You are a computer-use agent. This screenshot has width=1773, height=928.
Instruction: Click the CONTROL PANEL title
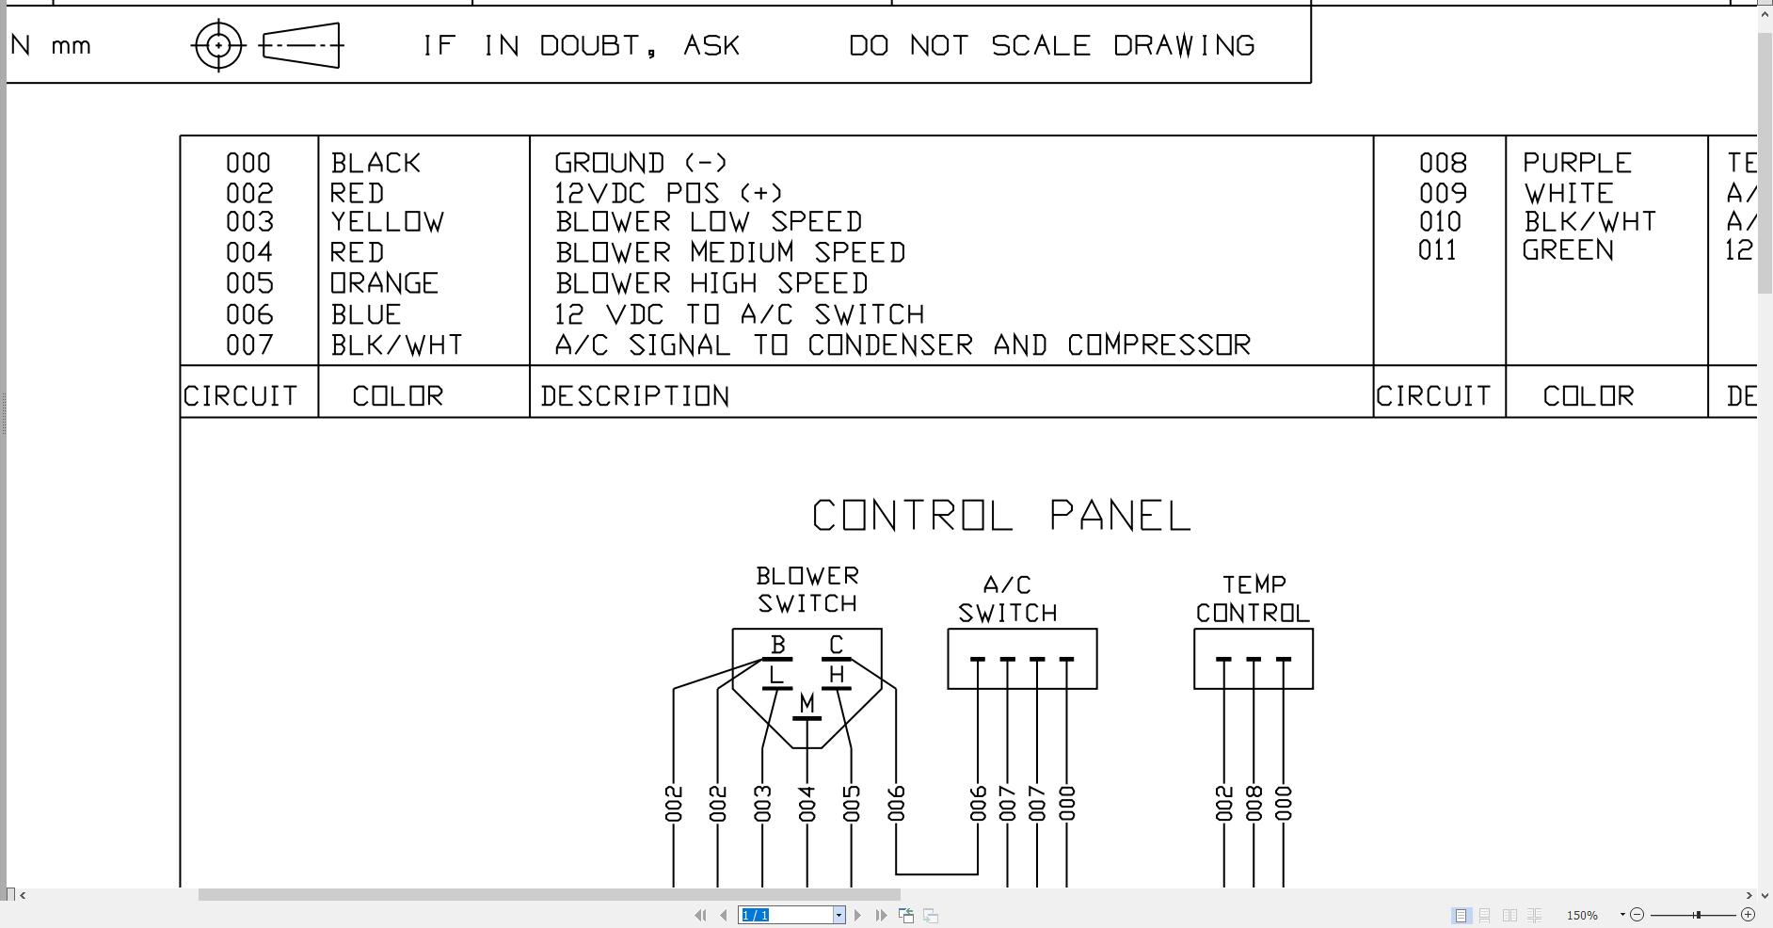point(1001,516)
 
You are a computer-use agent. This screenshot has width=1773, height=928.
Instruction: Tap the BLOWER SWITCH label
point(807,589)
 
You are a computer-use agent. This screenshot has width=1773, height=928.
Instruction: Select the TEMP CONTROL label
point(1253,600)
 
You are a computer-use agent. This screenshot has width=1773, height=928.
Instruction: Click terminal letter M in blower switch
point(807,703)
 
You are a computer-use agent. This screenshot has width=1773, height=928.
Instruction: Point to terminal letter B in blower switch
point(777,645)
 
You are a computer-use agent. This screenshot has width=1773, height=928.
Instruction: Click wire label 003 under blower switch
point(762,804)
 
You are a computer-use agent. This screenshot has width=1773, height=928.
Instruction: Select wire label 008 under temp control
point(1254,804)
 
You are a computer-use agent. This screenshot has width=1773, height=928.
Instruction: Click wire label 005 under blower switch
point(852,804)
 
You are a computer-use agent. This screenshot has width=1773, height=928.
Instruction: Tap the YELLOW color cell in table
point(387,222)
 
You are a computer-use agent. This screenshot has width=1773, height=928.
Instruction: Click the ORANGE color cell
point(384,283)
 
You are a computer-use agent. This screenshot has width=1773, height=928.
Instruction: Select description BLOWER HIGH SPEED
point(711,283)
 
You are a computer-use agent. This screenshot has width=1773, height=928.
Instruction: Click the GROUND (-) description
point(641,163)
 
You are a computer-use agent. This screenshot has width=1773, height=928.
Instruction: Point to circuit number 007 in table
point(249,345)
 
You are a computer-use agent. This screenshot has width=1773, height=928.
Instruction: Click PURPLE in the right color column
point(1577,163)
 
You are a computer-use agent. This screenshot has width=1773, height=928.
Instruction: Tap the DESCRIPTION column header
point(635,396)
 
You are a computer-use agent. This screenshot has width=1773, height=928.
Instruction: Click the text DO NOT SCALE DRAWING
point(1051,45)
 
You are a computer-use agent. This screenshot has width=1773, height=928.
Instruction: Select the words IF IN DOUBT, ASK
point(582,45)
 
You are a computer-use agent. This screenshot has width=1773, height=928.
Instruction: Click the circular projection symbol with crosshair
point(218,45)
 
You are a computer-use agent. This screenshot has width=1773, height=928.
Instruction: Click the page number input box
point(786,915)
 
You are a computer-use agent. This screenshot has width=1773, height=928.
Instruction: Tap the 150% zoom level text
point(1582,915)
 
